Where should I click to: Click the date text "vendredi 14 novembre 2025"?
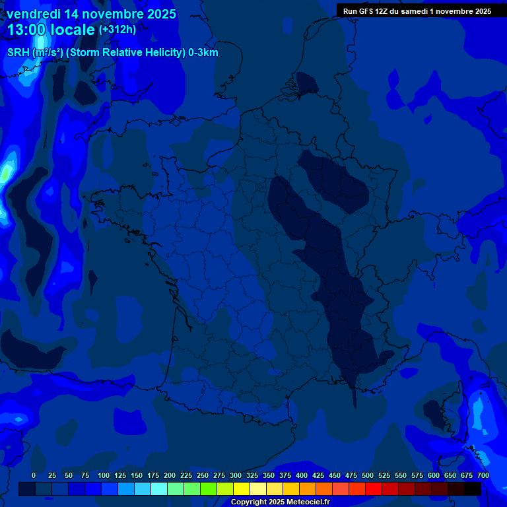pos(92,14)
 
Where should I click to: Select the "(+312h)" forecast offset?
pos(118,30)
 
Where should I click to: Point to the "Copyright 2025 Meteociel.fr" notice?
pos(280,502)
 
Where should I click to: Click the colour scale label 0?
pos(34,475)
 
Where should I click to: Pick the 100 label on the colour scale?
pos(104,475)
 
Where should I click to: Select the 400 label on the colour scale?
pos(302,475)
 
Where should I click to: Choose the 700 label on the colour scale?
pos(483,475)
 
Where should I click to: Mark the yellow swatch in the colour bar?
pos(242,489)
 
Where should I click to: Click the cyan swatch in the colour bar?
pos(159,489)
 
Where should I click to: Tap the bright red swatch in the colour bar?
pos(374,489)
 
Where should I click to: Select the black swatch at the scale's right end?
pos(473,489)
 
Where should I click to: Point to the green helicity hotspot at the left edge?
pos(6,173)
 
